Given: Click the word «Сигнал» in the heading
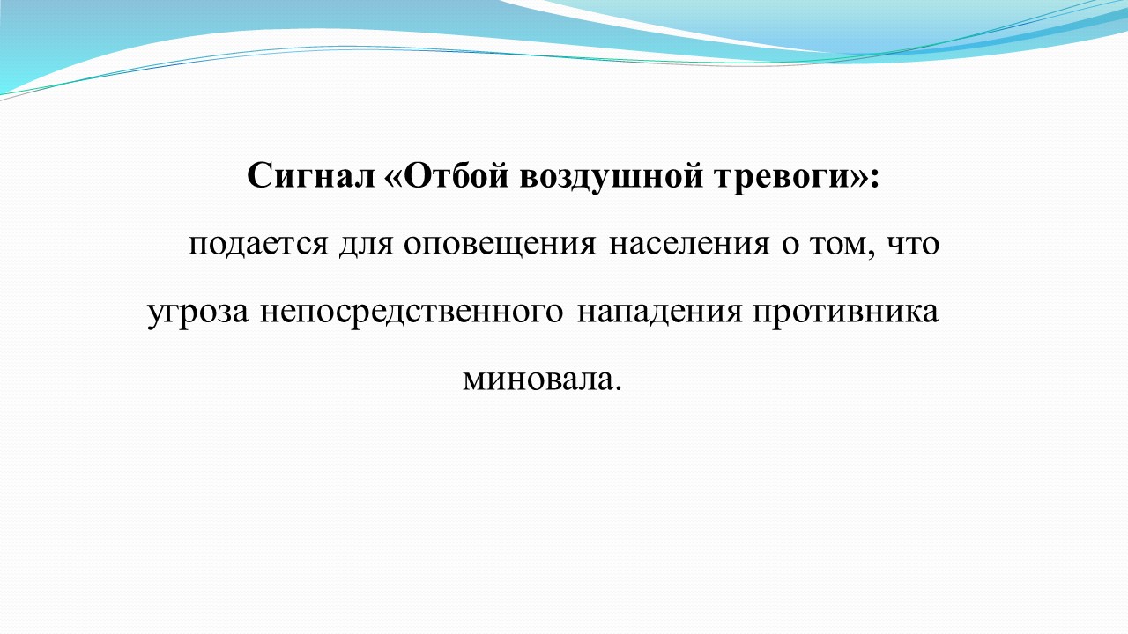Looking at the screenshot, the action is coord(311,175).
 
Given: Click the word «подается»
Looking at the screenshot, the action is coord(258,245).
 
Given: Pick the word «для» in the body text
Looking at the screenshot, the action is coord(366,245).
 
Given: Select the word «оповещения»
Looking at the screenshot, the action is coord(500,246).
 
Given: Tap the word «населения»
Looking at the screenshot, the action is coord(689,245).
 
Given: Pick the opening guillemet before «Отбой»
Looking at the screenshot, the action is coord(393,179).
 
